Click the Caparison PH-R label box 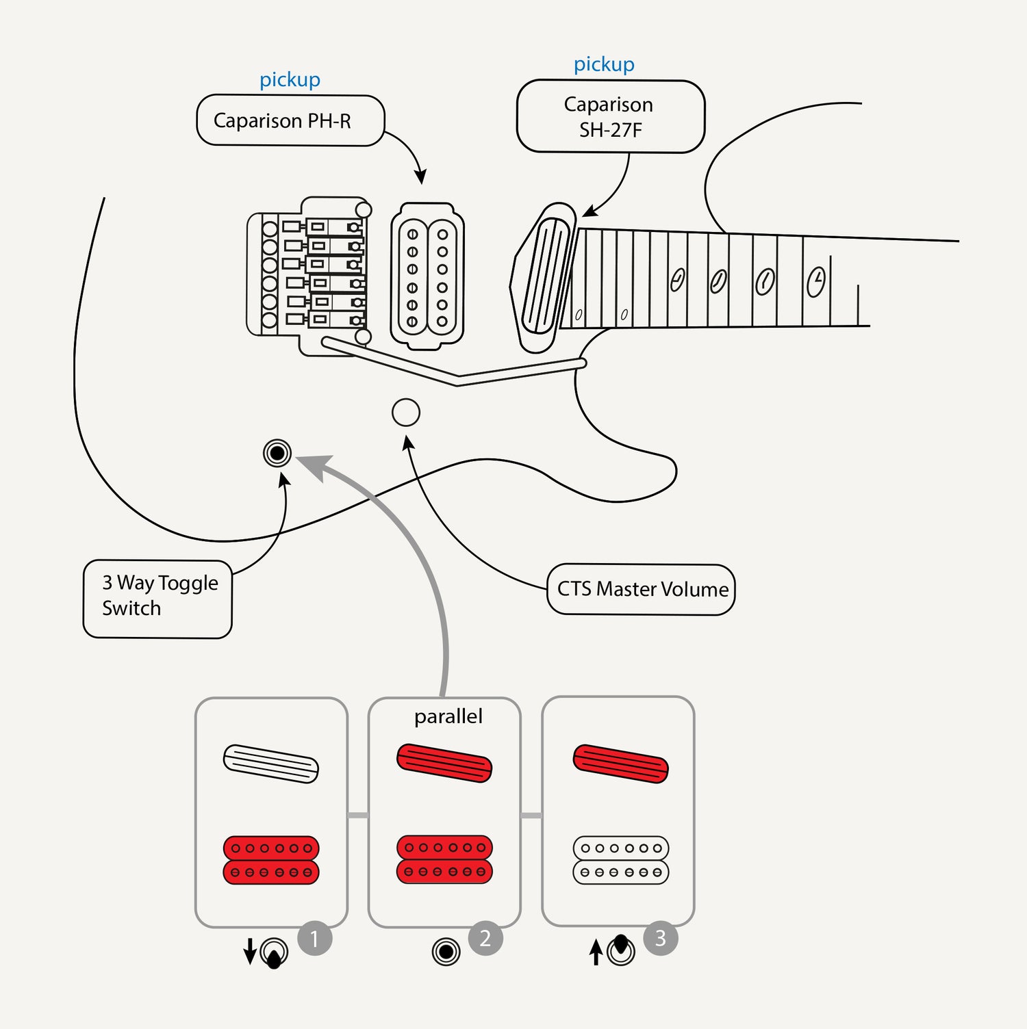(290, 120)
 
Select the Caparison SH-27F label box (610, 116)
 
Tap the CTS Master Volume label (642, 589)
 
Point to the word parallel (448, 716)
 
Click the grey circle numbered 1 (315, 939)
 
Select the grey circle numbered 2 (485, 939)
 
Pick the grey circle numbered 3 (661, 938)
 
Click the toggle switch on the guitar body (277, 453)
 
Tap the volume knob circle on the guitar (406, 413)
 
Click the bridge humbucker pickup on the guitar (427, 277)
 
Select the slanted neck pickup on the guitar (546, 276)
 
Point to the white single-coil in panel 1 (271, 764)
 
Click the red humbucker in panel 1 (271, 860)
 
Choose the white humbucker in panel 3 (621, 860)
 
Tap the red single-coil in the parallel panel (444, 763)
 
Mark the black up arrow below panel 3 (596, 952)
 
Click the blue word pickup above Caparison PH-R (290, 80)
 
